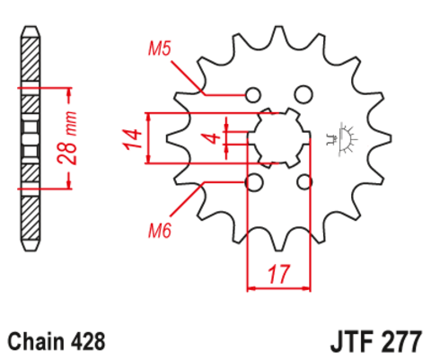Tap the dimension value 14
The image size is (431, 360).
132,138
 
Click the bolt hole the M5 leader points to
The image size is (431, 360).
253,93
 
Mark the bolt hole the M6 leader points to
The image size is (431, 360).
253,183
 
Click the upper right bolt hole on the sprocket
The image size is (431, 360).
304,93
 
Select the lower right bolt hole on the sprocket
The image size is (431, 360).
304,183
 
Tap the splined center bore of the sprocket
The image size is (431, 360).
277,138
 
